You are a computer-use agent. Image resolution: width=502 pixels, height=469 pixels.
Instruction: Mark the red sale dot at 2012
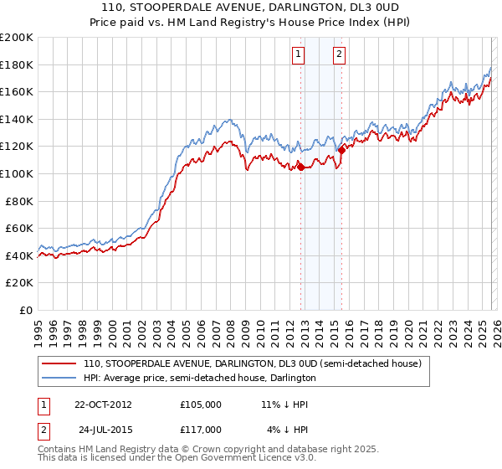pyautogui.click(x=300, y=167)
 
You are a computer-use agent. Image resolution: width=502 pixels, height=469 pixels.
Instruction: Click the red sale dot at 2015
pyautogui.click(x=341, y=151)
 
